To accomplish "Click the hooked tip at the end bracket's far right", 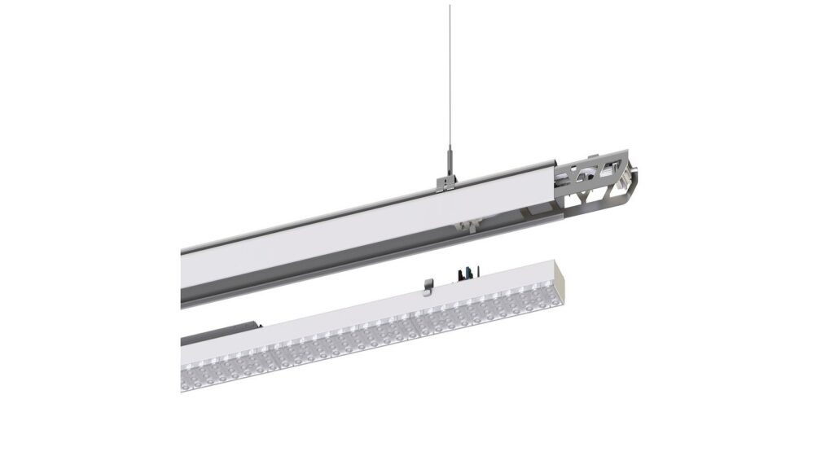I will click(x=632, y=173).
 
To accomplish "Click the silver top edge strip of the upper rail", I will click(x=326, y=211).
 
